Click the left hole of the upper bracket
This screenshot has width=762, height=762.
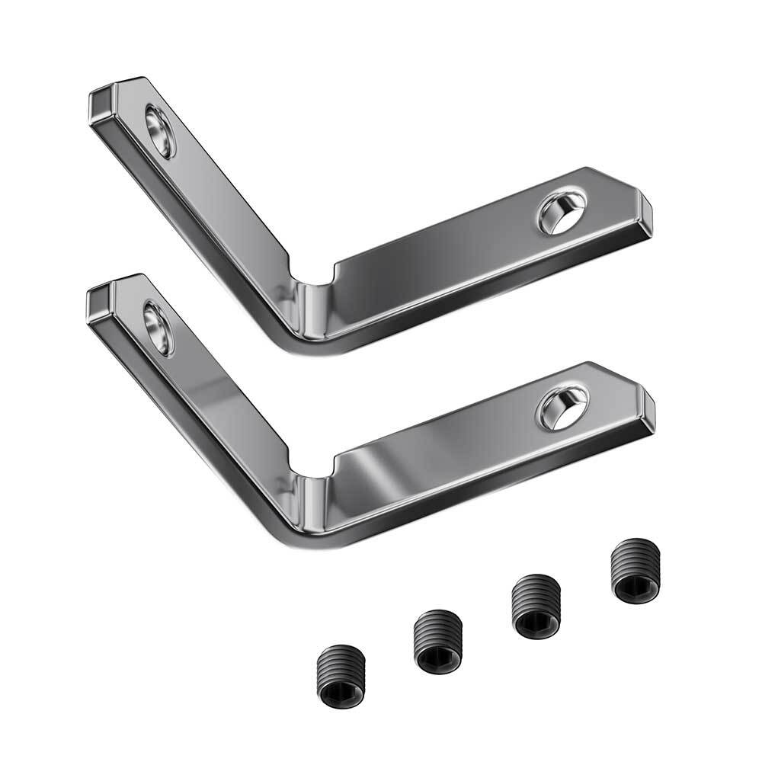point(161,132)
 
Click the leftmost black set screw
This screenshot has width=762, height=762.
point(341,672)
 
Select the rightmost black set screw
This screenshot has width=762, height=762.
point(637,571)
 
